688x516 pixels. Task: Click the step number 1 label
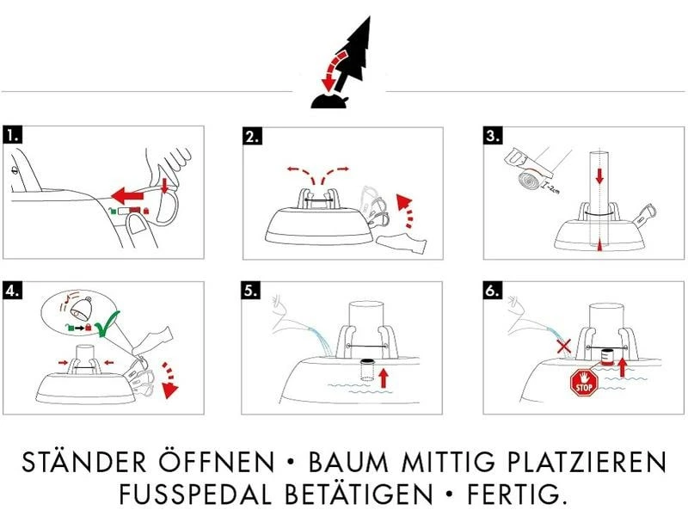12,136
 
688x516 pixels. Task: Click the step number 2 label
252,136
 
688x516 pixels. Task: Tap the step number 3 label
493,136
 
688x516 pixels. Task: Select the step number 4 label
12,290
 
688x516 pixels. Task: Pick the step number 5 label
252,290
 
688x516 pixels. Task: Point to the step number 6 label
493,290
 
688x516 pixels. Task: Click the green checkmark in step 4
105,326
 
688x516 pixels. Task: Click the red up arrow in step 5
384,375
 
